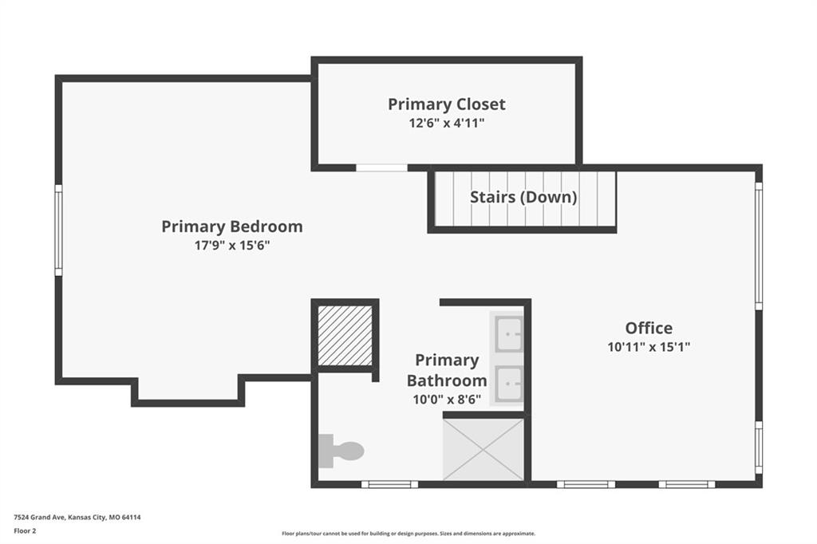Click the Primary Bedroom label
(x=232, y=227)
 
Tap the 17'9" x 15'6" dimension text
(x=232, y=245)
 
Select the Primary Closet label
(x=447, y=104)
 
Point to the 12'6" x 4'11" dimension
(x=447, y=123)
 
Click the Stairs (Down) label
(x=523, y=197)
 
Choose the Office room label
(x=649, y=328)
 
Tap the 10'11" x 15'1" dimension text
(x=649, y=346)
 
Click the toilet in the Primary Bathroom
(x=341, y=451)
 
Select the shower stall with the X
(x=483, y=448)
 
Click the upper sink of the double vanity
(x=508, y=333)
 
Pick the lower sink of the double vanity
(x=508, y=384)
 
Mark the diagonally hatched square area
(x=345, y=336)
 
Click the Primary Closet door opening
(x=381, y=168)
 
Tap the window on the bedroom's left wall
(x=59, y=230)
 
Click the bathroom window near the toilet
(x=389, y=485)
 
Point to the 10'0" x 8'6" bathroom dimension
(x=447, y=400)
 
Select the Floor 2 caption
(x=25, y=531)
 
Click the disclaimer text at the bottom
(x=408, y=534)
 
